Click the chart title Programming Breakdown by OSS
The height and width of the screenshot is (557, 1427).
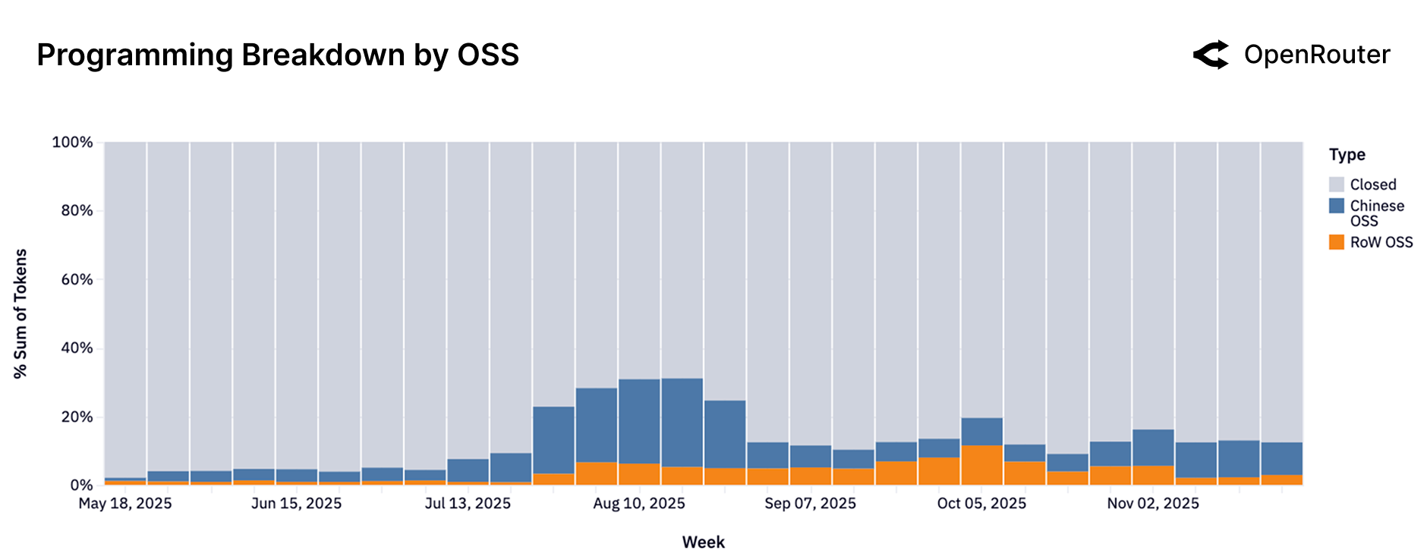point(278,55)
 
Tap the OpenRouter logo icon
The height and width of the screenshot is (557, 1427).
point(1211,55)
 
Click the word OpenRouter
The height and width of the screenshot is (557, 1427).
point(1317,55)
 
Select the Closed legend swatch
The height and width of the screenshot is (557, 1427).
point(1336,184)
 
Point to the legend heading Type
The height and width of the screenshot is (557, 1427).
point(1347,155)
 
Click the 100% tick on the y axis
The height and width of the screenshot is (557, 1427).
point(72,142)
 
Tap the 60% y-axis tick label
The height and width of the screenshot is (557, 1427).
point(77,279)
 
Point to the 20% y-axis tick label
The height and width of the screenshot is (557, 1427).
point(77,417)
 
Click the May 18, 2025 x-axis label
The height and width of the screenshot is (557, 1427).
point(125,504)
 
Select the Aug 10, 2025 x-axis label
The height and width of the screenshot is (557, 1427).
point(639,504)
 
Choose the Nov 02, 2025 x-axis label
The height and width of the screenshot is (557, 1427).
point(1153,504)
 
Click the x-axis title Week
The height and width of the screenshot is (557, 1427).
point(703,543)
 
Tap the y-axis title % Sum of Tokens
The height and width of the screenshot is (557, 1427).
point(20,313)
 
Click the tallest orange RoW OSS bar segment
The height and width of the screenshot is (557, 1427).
point(981,465)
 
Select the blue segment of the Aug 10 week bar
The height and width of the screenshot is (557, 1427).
point(639,421)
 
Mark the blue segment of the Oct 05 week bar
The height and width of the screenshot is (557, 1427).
point(981,432)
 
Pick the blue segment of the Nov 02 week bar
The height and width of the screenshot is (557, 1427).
point(1153,448)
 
